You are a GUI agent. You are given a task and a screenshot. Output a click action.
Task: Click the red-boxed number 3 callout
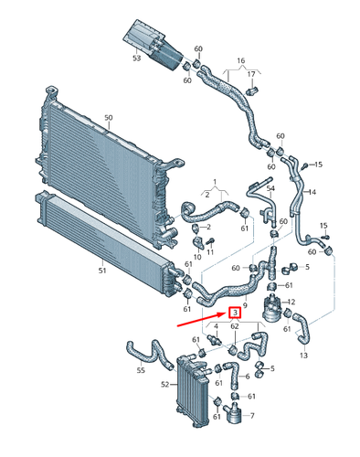[x=235, y=313]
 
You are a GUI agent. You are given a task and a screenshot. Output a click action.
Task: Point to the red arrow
[x=202, y=319]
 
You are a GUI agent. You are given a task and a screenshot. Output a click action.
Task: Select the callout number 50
[x=109, y=118]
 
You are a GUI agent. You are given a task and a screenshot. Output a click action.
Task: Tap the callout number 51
[x=102, y=271]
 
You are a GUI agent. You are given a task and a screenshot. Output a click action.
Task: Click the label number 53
[x=137, y=58]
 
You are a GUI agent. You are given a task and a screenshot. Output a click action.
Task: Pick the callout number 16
[x=241, y=60]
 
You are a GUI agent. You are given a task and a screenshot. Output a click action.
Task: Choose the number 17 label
[x=251, y=74]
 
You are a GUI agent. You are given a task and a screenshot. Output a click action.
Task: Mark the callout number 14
[x=312, y=192]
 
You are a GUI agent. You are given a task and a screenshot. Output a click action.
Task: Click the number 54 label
[x=270, y=188]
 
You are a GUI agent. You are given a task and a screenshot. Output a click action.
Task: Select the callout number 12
[x=291, y=302]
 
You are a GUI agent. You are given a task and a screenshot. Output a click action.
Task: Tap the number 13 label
[x=303, y=355]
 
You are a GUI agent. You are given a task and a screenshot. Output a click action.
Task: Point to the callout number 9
[x=246, y=305]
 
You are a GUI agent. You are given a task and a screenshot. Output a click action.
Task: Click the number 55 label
[x=141, y=370]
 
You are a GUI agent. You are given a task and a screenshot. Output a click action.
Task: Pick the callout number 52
[x=165, y=385]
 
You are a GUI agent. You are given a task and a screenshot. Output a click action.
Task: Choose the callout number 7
[x=252, y=416]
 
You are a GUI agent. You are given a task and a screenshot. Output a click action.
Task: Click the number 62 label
[x=235, y=326]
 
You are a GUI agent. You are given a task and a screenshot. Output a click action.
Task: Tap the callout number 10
[x=197, y=257]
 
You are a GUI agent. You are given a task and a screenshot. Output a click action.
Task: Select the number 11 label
[x=210, y=252]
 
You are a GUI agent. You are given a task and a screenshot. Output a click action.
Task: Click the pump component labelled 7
[x=235, y=412]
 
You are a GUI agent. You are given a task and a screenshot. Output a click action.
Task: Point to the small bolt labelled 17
[x=252, y=90]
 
